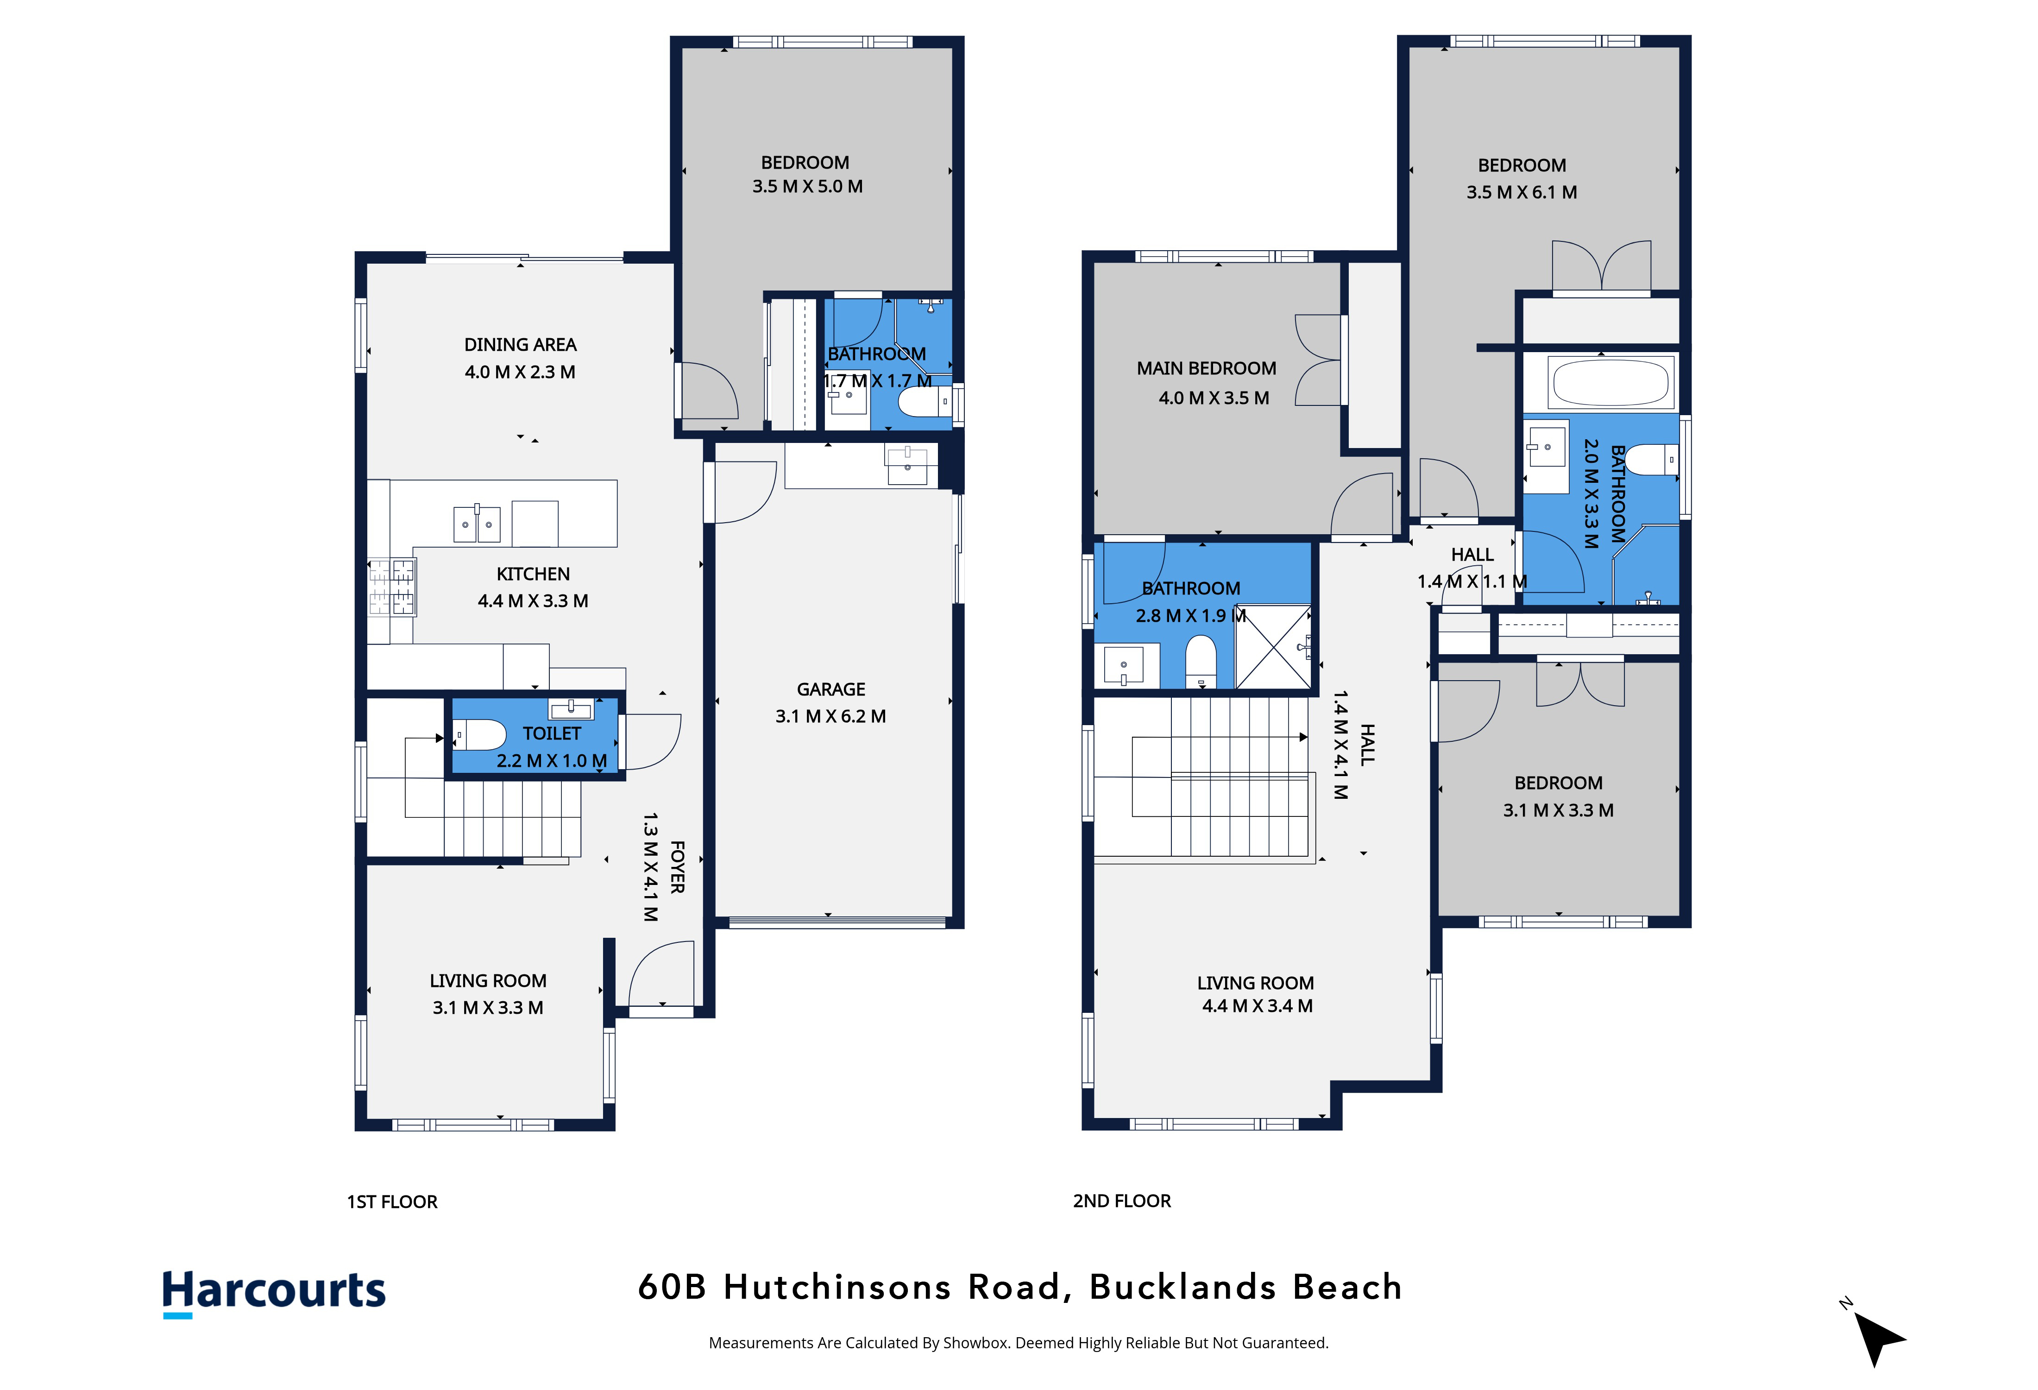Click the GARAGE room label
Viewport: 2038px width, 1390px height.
(x=830, y=689)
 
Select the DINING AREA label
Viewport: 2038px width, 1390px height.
(x=520, y=345)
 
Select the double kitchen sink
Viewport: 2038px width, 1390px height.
(x=476, y=524)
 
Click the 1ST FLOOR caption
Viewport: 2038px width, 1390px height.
(x=392, y=1201)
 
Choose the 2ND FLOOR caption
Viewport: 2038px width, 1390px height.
(x=1122, y=1200)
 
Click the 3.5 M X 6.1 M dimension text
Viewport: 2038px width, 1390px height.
(x=1522, y=192)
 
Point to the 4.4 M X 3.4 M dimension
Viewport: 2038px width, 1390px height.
(x=1257, y=1006)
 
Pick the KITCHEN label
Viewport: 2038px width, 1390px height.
(x=533, y=574)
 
